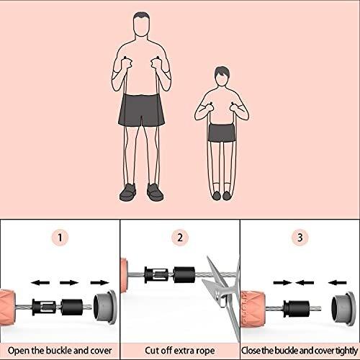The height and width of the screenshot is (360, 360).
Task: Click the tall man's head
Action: coord(142,24)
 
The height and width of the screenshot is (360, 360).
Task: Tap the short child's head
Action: coord(222,76)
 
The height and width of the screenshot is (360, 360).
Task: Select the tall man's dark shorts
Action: coord(142,110)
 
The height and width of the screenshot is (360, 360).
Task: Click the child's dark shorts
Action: coord(222,132)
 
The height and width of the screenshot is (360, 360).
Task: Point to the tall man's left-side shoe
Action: coord(127,192)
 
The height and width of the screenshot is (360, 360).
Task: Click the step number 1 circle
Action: coord(60,238)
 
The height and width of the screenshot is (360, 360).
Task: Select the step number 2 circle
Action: coord(180,238)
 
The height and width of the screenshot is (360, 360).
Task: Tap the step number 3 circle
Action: coord(300,238)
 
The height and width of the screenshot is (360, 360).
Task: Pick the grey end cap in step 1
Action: coord(105,307)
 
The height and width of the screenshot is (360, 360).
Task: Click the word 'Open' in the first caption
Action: coord(19,351)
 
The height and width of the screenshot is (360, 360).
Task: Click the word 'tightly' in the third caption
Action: coord(346,351)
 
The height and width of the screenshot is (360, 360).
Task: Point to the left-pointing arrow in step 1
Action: coord(40,282)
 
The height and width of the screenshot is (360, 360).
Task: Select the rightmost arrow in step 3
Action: coord(337,283)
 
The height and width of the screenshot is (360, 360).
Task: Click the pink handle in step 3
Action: coord(253,309)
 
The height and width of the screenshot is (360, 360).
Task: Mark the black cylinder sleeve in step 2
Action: coord(184,274)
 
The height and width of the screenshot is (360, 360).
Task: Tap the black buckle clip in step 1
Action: coord(44,307)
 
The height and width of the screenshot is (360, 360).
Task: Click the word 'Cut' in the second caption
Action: coord(152,351)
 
